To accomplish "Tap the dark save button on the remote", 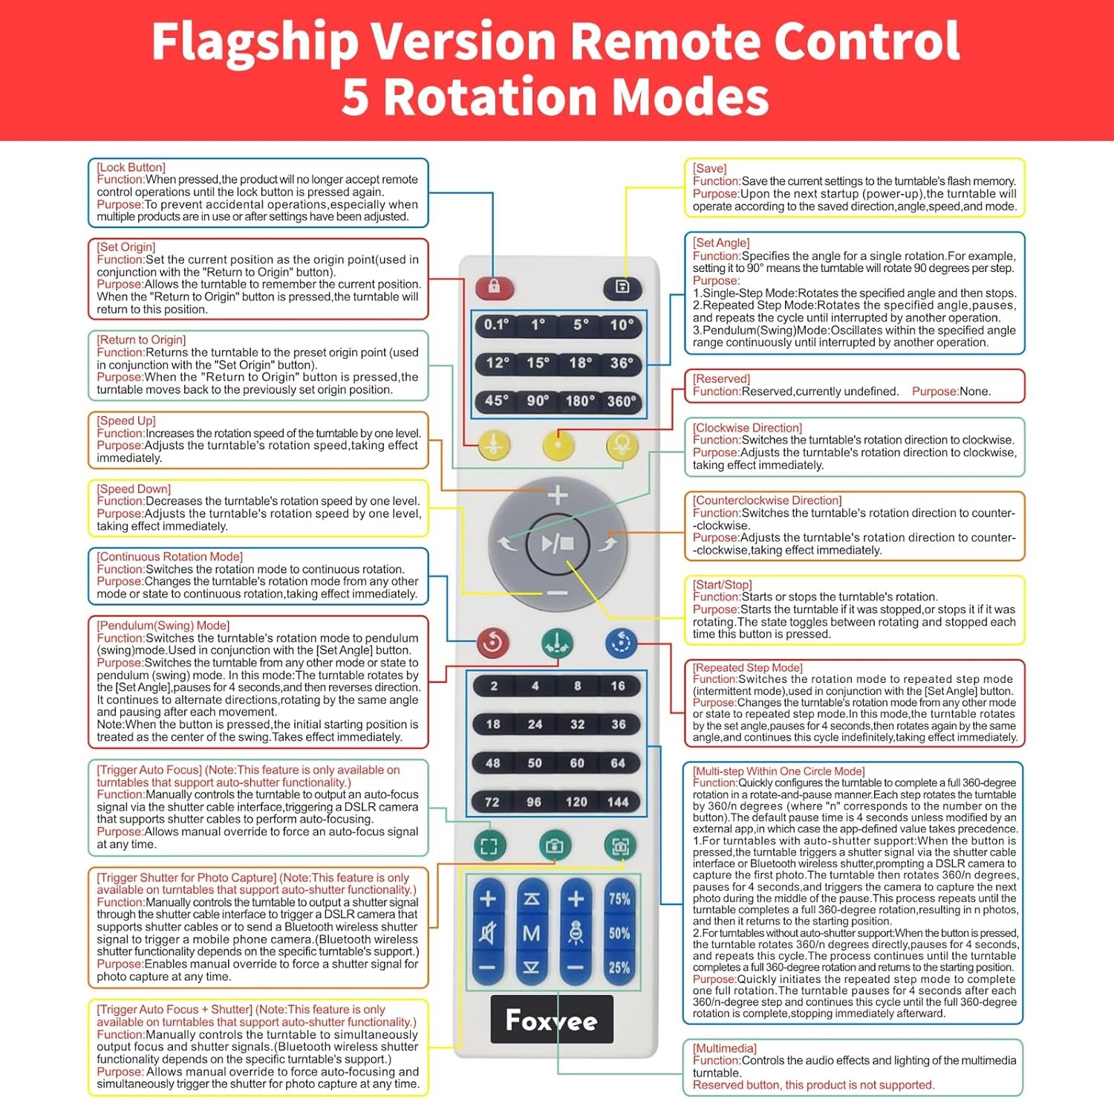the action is click(x=622, y=287).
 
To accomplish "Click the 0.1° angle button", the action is click(x=496, y=325).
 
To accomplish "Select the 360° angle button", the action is click(x=622, y=401).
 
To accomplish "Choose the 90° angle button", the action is click(x=538, y=401).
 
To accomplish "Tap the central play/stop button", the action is click(x=558, y=544).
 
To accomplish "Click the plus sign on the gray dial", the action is click(x=558, y=495).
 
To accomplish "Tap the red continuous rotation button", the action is click(x=493, y=643).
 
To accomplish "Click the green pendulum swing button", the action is click(x=557, y=643).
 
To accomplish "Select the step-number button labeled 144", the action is click(x=618, y=802).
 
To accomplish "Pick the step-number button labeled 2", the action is click(x=494, y=686).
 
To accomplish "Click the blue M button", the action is click(x=532, y=933).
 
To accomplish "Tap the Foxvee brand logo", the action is click(x=552, y=1019).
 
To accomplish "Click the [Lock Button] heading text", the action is click(x=131, y=167).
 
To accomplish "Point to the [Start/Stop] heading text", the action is click(x=723, y=585).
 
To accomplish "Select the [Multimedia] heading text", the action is click(x=725, y=1048).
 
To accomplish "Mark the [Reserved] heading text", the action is click(x=722, y=379).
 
